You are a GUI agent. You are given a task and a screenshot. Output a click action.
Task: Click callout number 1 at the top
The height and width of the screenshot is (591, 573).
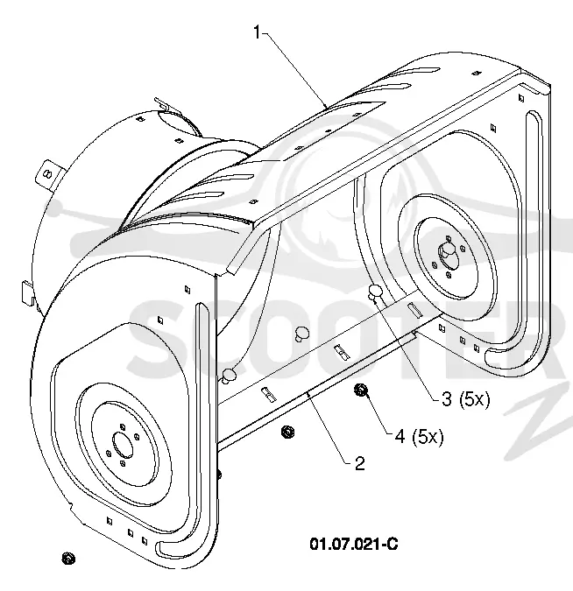pos(257,32)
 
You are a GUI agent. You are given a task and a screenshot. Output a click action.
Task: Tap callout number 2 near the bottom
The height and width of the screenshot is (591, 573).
pos(360,463)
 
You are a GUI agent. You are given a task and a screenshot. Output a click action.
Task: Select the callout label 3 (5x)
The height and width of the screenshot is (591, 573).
pos(465,398)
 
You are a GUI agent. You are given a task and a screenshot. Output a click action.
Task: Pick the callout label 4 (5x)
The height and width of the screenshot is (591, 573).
pos(419,437)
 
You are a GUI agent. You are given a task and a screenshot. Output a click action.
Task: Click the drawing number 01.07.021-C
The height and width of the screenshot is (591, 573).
pos(354,544)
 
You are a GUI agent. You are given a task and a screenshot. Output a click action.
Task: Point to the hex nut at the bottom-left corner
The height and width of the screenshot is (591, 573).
pos(68,559)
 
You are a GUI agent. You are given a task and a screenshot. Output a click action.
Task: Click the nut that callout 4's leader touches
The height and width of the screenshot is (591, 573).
pos(361,390)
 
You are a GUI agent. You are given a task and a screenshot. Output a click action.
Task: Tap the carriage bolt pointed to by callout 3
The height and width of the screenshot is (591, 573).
pos(375,292)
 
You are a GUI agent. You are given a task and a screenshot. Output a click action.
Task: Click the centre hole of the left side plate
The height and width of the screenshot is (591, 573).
pos(123,445)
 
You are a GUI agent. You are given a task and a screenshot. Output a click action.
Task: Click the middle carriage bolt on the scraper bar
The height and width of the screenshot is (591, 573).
pos(301,334)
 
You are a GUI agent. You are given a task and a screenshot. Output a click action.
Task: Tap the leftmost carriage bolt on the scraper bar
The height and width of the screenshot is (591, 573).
pos(229,376)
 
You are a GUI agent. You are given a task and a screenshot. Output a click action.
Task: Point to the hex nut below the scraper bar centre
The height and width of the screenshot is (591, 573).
pos(288,432)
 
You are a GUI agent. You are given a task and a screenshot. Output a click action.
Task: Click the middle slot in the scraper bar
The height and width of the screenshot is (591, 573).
pos(342,352)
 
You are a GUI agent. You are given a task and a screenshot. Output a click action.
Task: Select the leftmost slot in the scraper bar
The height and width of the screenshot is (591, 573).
pos(268,394)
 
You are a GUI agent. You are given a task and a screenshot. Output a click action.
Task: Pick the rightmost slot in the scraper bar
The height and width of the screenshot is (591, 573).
pos(415,309)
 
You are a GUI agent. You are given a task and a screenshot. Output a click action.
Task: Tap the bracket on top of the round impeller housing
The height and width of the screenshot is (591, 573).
pos(168,106)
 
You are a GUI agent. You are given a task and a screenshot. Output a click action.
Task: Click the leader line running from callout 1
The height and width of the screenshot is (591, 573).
pos(294,71)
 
